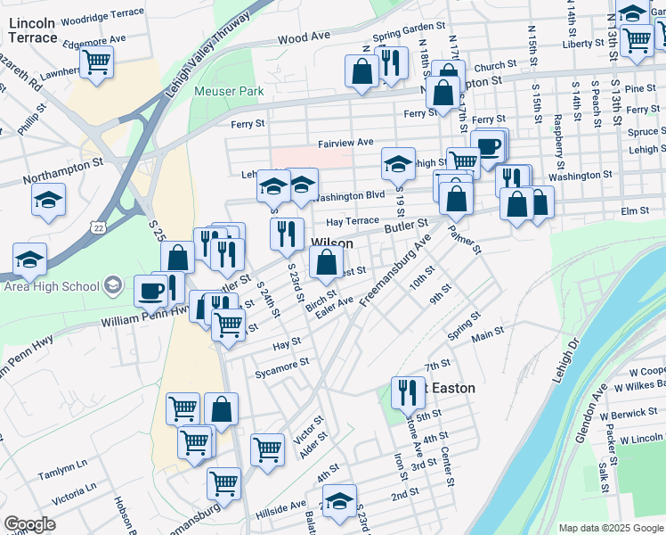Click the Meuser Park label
pyautogui.click(x=230, y=91)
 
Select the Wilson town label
pyautogui.click(x=331, y=243)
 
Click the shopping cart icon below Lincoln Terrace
pyautogui.click(x=96, y=62)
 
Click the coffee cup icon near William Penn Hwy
pyautogui.click(x=150, y=290)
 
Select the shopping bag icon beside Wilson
pyautogui.click(x=326, y=262)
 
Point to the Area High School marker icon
pyautogui.click(x=112, y=285)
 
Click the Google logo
pyautogui.click(x=29, y=524)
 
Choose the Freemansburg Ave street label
pyautogui.click(x=395, y=270)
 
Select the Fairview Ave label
pyautogui.click(x=345, y=143)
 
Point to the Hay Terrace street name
pyautogui.click(x=353, y=220)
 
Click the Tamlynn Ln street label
pyautogui.click(x=62, y=465)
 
